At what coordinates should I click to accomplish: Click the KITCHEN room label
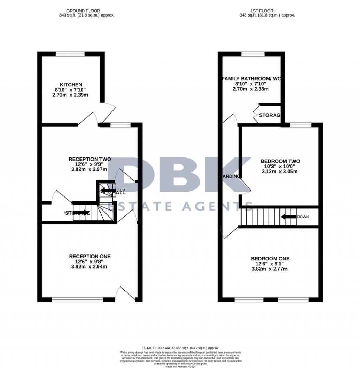(x=71, y=85)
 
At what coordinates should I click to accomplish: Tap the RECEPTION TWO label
(x=90, y=159)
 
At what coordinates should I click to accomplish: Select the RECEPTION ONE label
(x=90, y=256)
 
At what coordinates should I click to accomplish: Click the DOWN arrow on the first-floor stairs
(x=288, y=217)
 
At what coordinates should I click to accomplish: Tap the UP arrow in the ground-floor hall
(x=107, y=191)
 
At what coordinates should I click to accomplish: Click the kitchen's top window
(x=70, y=54)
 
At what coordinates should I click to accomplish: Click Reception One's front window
(x=78, y=300)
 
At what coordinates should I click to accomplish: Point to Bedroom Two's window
(x=301, y=124)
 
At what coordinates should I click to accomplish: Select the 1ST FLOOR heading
(x=267, y=11)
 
